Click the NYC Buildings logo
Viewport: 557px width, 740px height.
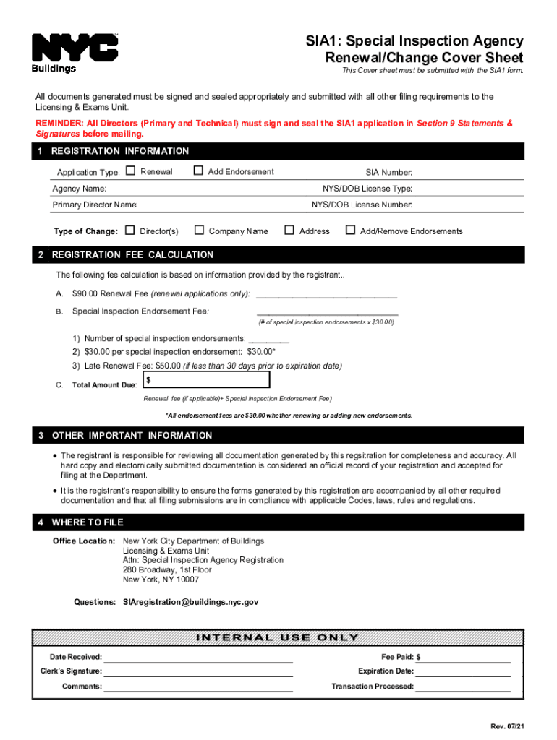pos(75,53)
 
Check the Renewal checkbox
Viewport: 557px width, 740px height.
pos(130,171)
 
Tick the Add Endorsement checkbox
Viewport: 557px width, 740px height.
pos(198,171)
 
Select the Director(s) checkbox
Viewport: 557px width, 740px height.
pos(130,231)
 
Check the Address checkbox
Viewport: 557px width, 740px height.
pos(289,231)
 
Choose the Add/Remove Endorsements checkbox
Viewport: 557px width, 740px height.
pos(351,231)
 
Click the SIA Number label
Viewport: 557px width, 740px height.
pos(388,173)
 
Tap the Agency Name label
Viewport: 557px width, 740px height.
pos(79,189)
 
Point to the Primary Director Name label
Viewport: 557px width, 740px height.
pos(95,205)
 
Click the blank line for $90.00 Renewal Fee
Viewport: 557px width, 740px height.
pos(326,294)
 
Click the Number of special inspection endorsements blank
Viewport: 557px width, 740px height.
pos(268,339)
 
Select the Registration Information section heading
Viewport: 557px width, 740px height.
pos(120,151)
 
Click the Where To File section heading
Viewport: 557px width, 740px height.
pos(88,522)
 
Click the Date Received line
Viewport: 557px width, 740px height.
pos(199,658)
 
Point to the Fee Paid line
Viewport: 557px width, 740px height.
pos(466,658)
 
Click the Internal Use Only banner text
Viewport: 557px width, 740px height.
pos(278,637)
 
